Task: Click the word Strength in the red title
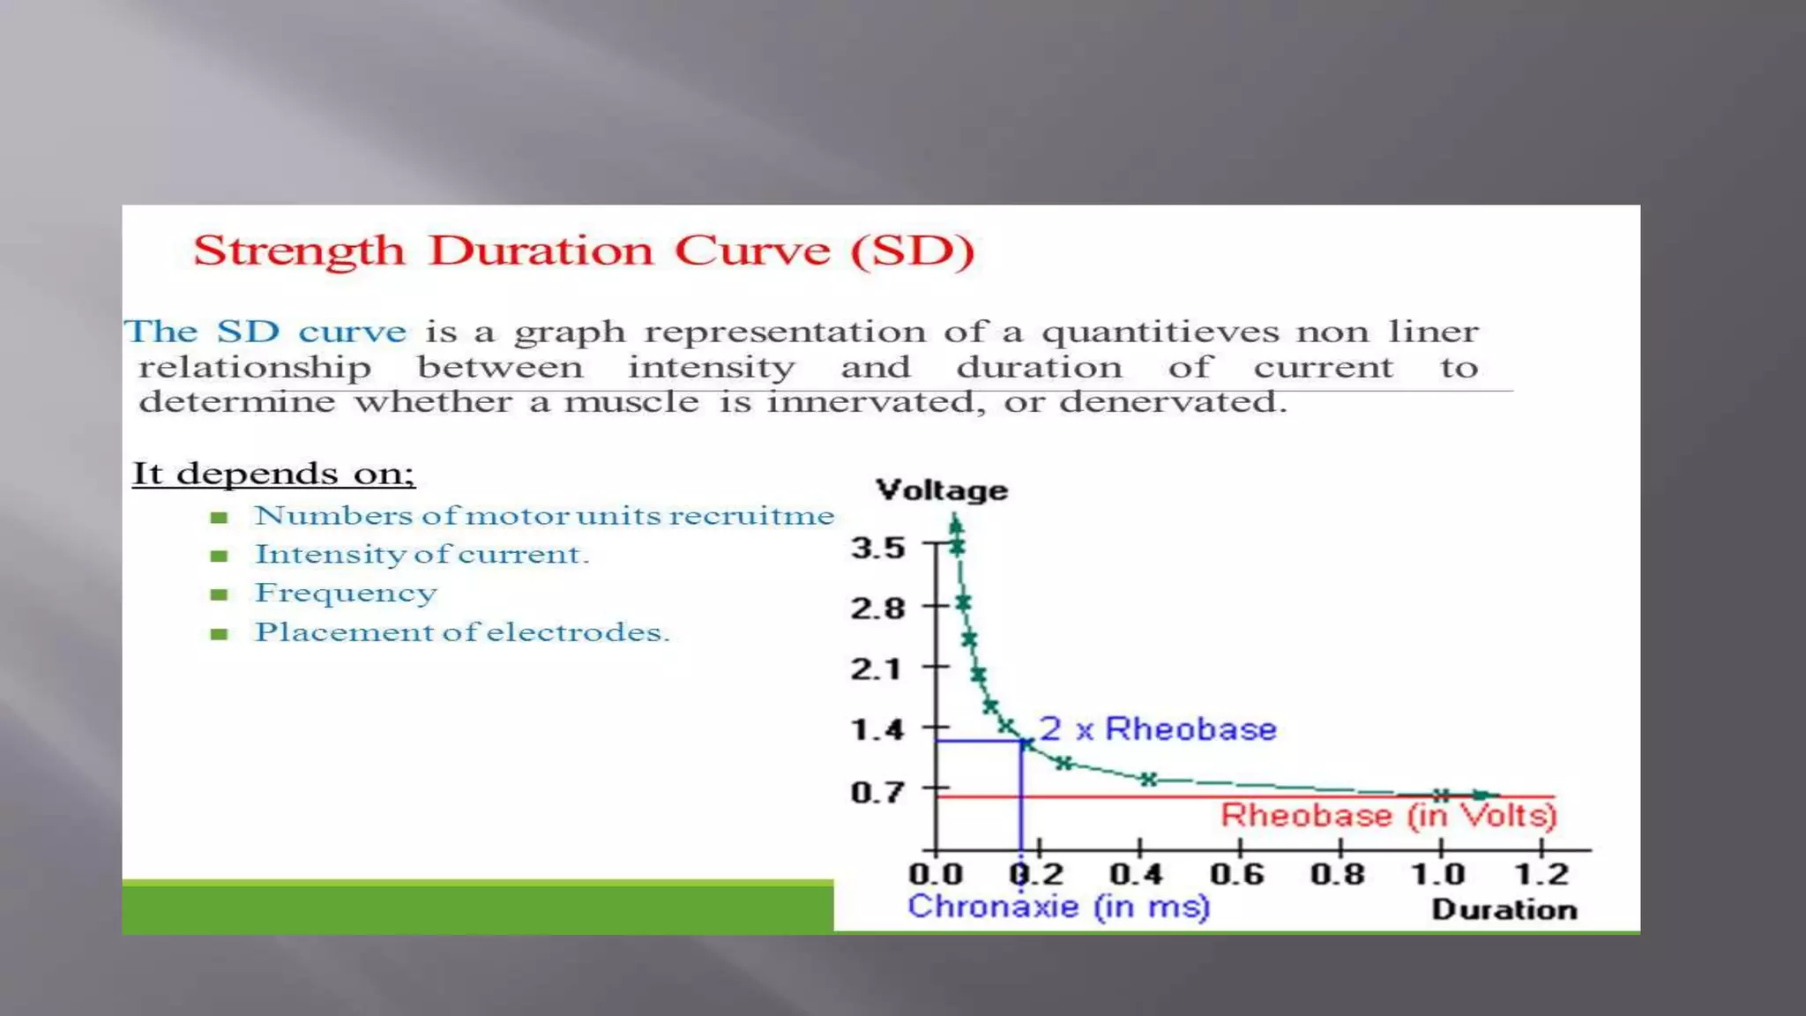click(x=299, y=251)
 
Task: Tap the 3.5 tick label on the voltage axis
click(x=877, y=548)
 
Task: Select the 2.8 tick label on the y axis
click(x=877, y=609)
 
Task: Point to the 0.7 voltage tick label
click(x=877, y=792)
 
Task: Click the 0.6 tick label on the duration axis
click(x=1236, y=874)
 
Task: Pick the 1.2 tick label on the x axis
click(x=1541, y=874)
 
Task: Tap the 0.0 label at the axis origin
click(x=936, y=874)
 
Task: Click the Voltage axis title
click(x=941, y=490)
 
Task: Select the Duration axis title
click(x=1504, y=909)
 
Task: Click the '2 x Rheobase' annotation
click(x=1157, y=729)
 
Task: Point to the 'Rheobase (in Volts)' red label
click(x=1388, y=816)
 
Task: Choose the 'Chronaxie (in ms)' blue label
click(x=1058, y=907)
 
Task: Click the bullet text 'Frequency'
click(x=346, y=593)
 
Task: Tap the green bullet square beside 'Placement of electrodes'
click(x=220, y=633)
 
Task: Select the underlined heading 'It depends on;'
click(x=273, y=474)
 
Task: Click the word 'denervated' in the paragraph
click(x=1172, y=402)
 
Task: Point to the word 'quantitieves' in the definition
click(x=1160, y=332)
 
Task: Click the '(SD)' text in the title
click(x=913, y=251)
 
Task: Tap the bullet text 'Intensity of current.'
click(x=422, y=554)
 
